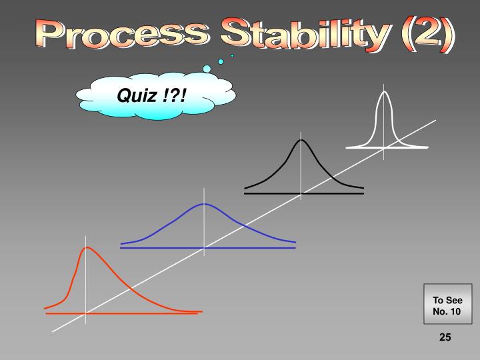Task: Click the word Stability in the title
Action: click(x=281, y=35)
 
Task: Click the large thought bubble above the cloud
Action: click(x=207, y=69)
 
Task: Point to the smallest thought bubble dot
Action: click(x=232, y=55)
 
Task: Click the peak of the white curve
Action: click(x=384, y=91)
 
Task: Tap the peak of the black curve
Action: click(x=301, y=140)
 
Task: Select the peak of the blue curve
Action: click(x=204, y=204)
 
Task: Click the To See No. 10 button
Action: click(x=447, y=305)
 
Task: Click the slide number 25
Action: click(x=445, y=338)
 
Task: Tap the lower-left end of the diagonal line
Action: click(x=53, y=330)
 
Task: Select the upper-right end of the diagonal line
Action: click(x=435, y=121)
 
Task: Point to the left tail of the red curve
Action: click(x=48, y=308)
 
